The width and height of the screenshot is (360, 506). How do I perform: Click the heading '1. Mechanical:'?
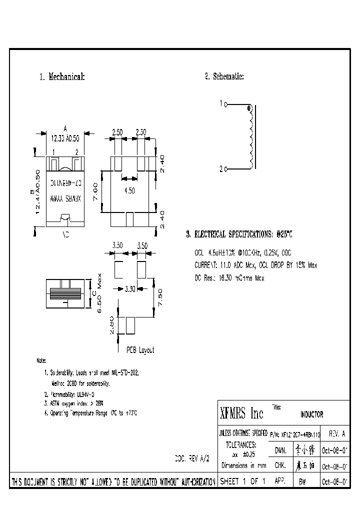[x=62, y=77]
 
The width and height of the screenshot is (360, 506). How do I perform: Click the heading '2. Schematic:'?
[x=224, y=76]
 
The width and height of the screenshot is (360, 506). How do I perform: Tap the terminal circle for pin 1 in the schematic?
[x=226, y=104]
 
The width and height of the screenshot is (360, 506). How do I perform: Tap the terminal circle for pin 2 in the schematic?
[x=226, y=169]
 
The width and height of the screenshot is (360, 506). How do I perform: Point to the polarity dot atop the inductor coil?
[x=248, y=108]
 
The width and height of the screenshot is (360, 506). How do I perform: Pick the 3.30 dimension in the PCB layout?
[x=129, y=288]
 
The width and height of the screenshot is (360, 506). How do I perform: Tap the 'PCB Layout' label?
[x=140, y=350]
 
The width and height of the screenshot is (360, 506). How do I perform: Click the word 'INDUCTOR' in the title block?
[x=311, y=414]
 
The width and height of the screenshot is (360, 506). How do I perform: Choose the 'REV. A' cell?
[x=336, y=434]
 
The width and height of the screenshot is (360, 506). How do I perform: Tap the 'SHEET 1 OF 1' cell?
[x=242, y=481]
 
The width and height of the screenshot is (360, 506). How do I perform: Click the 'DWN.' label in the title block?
[x=280, y=450]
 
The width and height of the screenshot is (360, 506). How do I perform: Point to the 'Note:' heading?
[x=41, y=360]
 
